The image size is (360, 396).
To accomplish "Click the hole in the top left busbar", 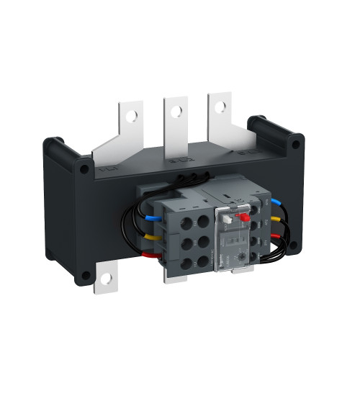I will pyautogui.click(x=130, y=113).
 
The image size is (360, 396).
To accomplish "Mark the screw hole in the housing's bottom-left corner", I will pyautogui.click(x=86, y=274).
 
